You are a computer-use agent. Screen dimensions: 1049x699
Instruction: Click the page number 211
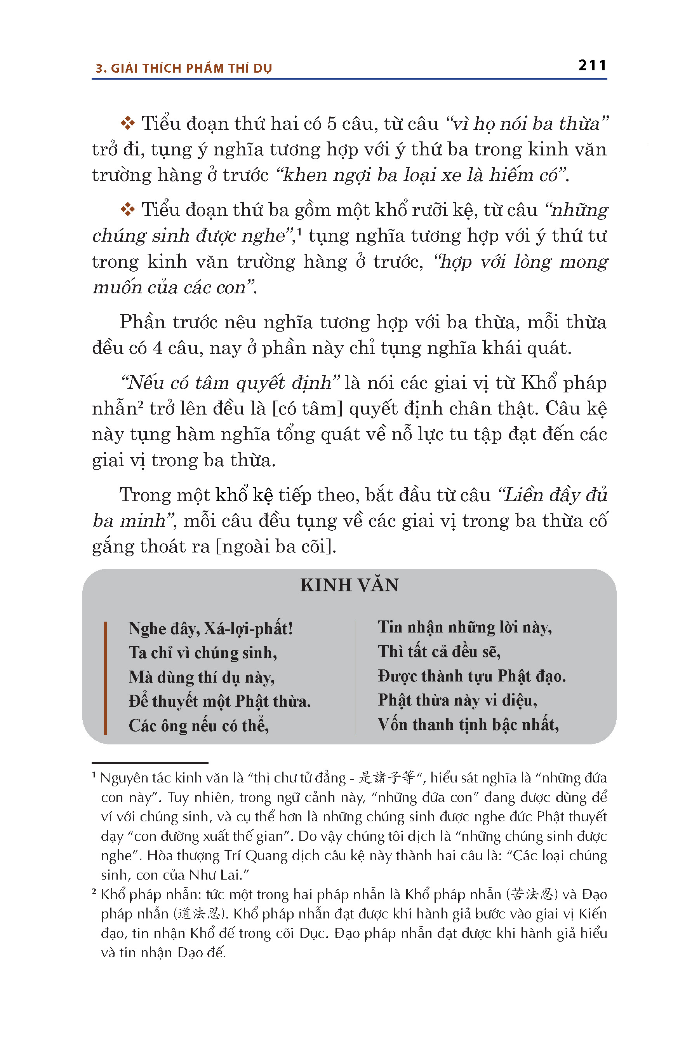592,66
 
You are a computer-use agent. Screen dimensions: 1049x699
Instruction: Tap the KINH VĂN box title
349,585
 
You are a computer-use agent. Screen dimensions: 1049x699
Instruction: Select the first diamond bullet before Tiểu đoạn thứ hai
127,123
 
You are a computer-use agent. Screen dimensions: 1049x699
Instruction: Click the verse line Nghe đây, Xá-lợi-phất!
210,628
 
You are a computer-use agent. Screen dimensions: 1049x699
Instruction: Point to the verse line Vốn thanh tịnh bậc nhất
468,724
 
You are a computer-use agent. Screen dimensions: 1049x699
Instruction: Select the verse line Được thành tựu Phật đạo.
472,676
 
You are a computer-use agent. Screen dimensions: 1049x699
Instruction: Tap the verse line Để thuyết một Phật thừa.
219,701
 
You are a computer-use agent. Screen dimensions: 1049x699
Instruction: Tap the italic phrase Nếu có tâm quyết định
230,383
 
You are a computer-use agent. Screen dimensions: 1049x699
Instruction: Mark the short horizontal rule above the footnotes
150,763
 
